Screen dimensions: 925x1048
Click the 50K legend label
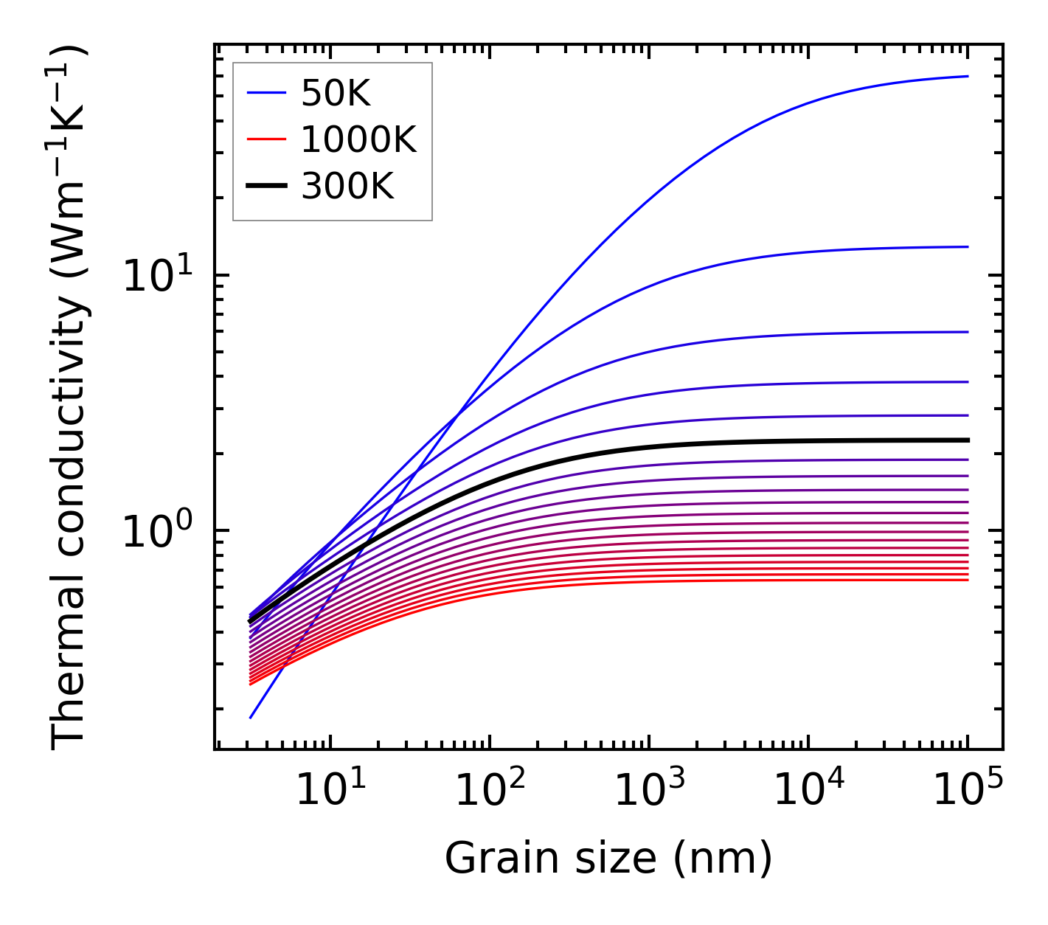(x=336, y=94)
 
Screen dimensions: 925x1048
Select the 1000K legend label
(x=358, y=140)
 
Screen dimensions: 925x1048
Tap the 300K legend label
(x=347, y=187)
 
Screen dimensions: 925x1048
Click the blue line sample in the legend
(x=266, y=94)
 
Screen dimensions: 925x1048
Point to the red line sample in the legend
(x=266, y=140)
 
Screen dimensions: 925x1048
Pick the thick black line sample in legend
(x=266, y=187)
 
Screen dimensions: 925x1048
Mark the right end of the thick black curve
(x=968, y=440)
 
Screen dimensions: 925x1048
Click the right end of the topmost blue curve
(x=968, y=76)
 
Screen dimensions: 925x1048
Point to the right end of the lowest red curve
(x=968, y=580)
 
